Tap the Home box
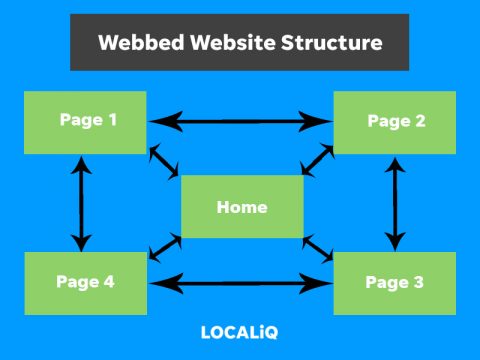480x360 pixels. (241, 207)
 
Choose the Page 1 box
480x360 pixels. (85, 121)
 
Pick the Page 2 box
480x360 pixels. (395, 121)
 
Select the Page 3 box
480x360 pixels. (395, 282)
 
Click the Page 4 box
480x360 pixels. (85, 282)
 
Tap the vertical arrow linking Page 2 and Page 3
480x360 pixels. (396, 201)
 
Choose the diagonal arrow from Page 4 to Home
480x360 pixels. (164, 246)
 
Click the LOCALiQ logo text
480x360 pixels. (240, 331)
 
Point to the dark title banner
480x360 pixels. (240, 43)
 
